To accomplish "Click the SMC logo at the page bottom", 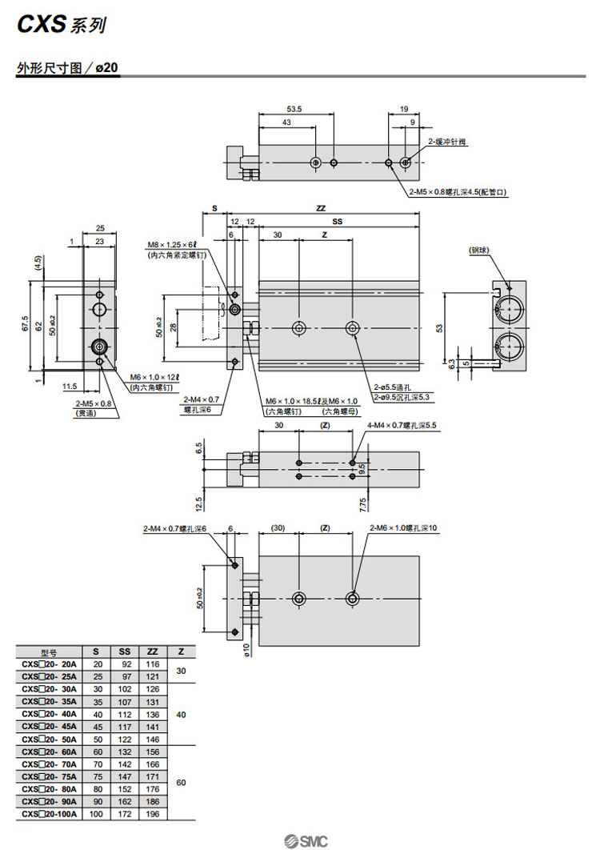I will pyautogui.click(x=306, y=840).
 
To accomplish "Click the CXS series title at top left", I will pyautogui.click(x=60, y=26).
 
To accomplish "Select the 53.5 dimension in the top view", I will pyautogui.click(x=294, y=109).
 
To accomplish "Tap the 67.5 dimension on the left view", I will pyautogui.click(x=26, y=324).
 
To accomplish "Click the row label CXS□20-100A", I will pyautogui.click(x=50, y=814).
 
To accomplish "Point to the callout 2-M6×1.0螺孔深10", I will pyautogui.click(x=406, y=528).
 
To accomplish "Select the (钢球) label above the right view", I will pyautogui.click(x=480, y=251).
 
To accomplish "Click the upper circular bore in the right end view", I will pyautogui.click(x=510, y=307).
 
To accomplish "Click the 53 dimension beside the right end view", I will pyautogui.click(x=438, y=327).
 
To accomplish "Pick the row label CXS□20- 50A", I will pyautogui.click(x=50, y=739).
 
